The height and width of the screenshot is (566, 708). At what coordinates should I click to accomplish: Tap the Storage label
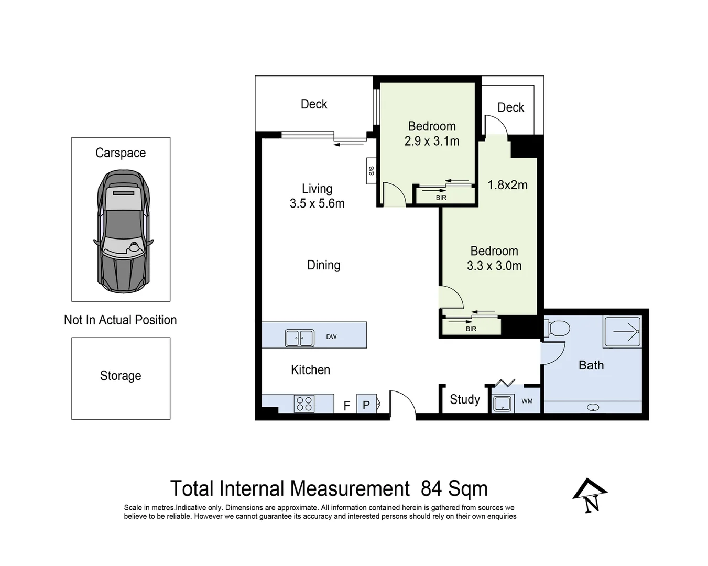[121, 376]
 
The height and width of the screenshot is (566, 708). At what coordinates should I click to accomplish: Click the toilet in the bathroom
[557, 329]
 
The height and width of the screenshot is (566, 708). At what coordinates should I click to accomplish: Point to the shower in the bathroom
[622, 332]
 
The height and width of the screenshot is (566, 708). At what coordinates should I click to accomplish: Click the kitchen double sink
[299, 338]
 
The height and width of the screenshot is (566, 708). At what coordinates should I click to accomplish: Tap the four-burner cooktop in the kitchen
[304, 404]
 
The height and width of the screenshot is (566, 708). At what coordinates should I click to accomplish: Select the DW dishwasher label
[331, 337]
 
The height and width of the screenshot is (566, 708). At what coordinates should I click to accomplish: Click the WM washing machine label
[527, 401]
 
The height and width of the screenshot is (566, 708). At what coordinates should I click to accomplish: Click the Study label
[465, 399]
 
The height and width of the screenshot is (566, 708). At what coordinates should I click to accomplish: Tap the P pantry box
[366, 405]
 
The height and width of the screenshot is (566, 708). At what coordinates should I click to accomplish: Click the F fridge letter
[346, 406]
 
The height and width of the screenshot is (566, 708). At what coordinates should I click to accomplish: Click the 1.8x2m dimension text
[507, 185]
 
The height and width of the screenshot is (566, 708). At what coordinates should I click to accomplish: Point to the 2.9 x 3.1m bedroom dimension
[432, 141]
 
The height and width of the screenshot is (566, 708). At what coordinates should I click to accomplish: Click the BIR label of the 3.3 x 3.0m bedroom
[471, 329]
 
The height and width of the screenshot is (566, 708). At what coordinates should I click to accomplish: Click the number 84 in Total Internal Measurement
[431, 488]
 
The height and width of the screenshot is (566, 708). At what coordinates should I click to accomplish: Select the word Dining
[323, 265]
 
